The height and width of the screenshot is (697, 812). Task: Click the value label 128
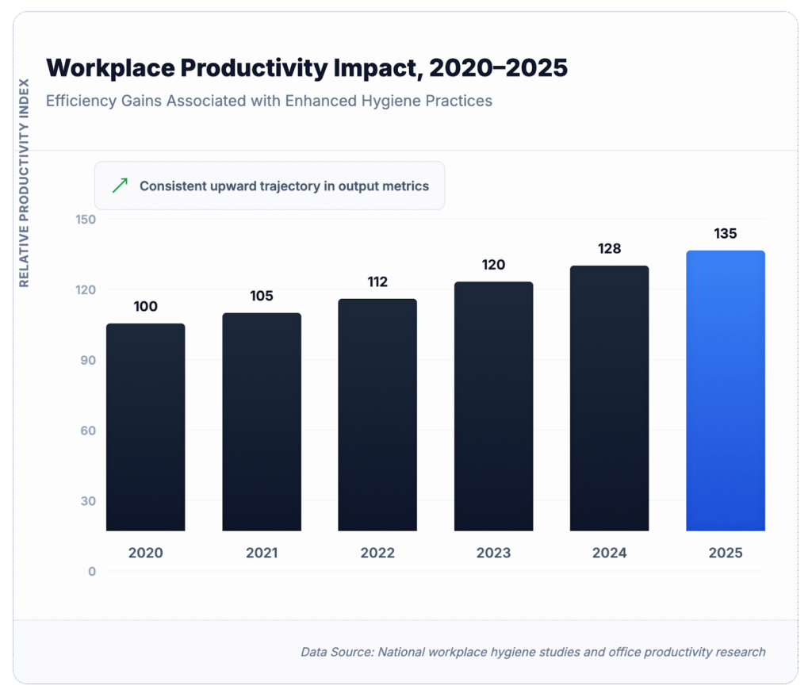point(609,249)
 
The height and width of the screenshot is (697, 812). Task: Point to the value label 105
point(262,296)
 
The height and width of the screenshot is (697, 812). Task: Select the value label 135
point(725,234)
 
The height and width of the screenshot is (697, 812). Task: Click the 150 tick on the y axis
point(85,219)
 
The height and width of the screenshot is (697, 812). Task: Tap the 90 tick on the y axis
point(87,360)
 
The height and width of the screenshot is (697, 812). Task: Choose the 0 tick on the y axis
point(91,572)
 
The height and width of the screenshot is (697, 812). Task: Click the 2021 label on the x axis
point(262,553)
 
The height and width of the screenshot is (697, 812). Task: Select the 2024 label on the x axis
point(609,553)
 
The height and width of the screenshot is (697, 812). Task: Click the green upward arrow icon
point(120,186)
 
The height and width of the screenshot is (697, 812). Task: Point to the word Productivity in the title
point(250,68)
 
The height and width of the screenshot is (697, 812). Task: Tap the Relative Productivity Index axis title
point(24,182)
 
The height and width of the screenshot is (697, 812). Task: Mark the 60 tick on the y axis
point(87,431)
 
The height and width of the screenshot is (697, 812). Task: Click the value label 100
point(145,306)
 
